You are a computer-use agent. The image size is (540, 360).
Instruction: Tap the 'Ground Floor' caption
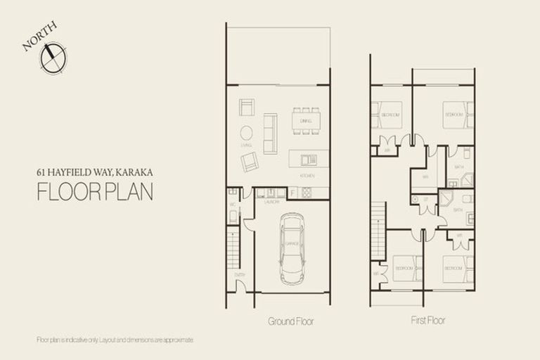(290, 321)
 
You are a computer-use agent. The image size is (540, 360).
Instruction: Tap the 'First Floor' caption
(427, 321)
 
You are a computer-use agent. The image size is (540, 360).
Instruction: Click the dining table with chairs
(306, 121)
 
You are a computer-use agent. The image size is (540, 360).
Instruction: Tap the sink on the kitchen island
(306, 158)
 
